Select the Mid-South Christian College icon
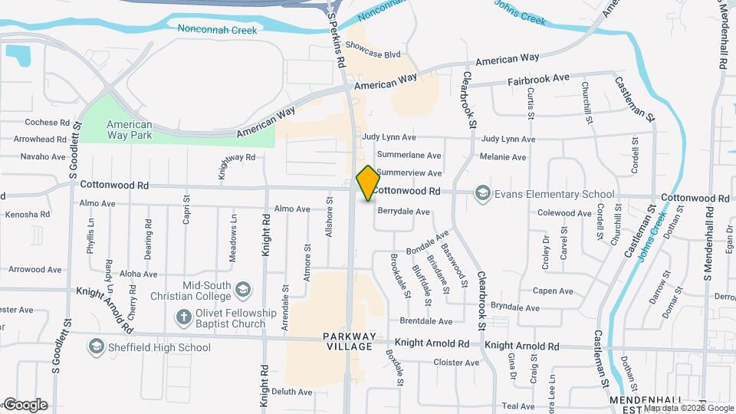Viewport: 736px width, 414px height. click(243, 289)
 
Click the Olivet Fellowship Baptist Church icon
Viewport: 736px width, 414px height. click(183, 317)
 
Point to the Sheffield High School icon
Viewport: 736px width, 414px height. click(96, 347)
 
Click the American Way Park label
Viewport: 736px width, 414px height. click(129, 130)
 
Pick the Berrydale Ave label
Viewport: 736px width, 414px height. click(402, 211)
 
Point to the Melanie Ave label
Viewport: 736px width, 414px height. click(502, 157)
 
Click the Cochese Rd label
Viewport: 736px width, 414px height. click(47, 122)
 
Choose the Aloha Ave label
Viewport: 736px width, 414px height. click(138, 273)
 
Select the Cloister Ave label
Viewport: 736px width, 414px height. click(455, 363)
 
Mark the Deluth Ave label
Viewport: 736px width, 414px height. click(292, 392)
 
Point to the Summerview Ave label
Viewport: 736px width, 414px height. click(409, 173)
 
